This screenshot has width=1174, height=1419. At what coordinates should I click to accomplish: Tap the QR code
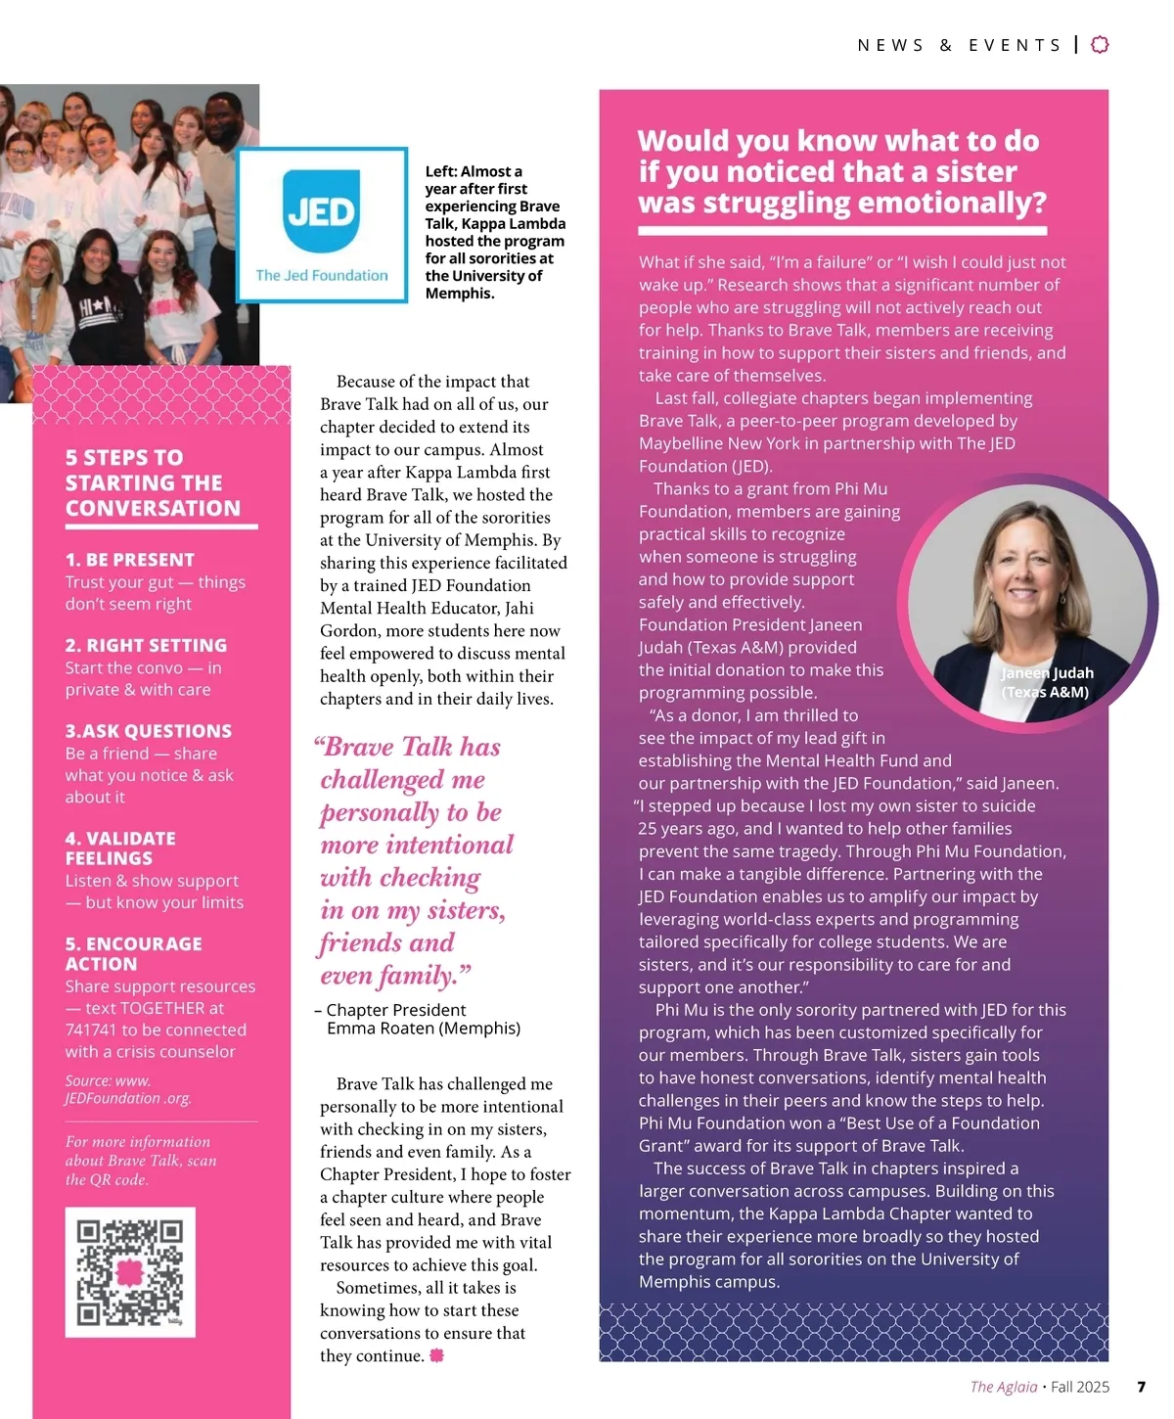[x=130, y=1271]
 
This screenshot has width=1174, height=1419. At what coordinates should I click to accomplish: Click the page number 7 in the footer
[x=1141, y=1387]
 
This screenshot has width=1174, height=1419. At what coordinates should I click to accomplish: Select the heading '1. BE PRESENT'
[x=130, y=560]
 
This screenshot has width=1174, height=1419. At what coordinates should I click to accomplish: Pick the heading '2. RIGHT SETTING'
[x=146, y=645]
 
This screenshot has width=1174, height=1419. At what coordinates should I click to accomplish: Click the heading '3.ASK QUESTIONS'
[x=149, y=731]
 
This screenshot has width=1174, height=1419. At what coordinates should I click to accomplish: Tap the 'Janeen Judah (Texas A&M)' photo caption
[x=1046, y=682]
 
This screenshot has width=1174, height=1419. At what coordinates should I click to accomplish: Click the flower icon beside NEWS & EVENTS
[x=1100, y=44]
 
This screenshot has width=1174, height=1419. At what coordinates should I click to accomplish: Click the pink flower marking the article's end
[x=436, y=1355]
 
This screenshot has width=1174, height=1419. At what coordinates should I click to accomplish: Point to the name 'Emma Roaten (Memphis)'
[x=423, y=1029]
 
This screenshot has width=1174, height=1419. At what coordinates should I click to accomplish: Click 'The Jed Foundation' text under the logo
[x=321, y=276]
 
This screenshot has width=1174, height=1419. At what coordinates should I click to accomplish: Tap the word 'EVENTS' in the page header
[x=1015, y=45]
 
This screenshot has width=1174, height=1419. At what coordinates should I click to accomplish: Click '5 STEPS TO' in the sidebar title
[x=124, y=457]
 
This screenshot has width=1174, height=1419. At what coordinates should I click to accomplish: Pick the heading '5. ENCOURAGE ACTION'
[x=133, y=953]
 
